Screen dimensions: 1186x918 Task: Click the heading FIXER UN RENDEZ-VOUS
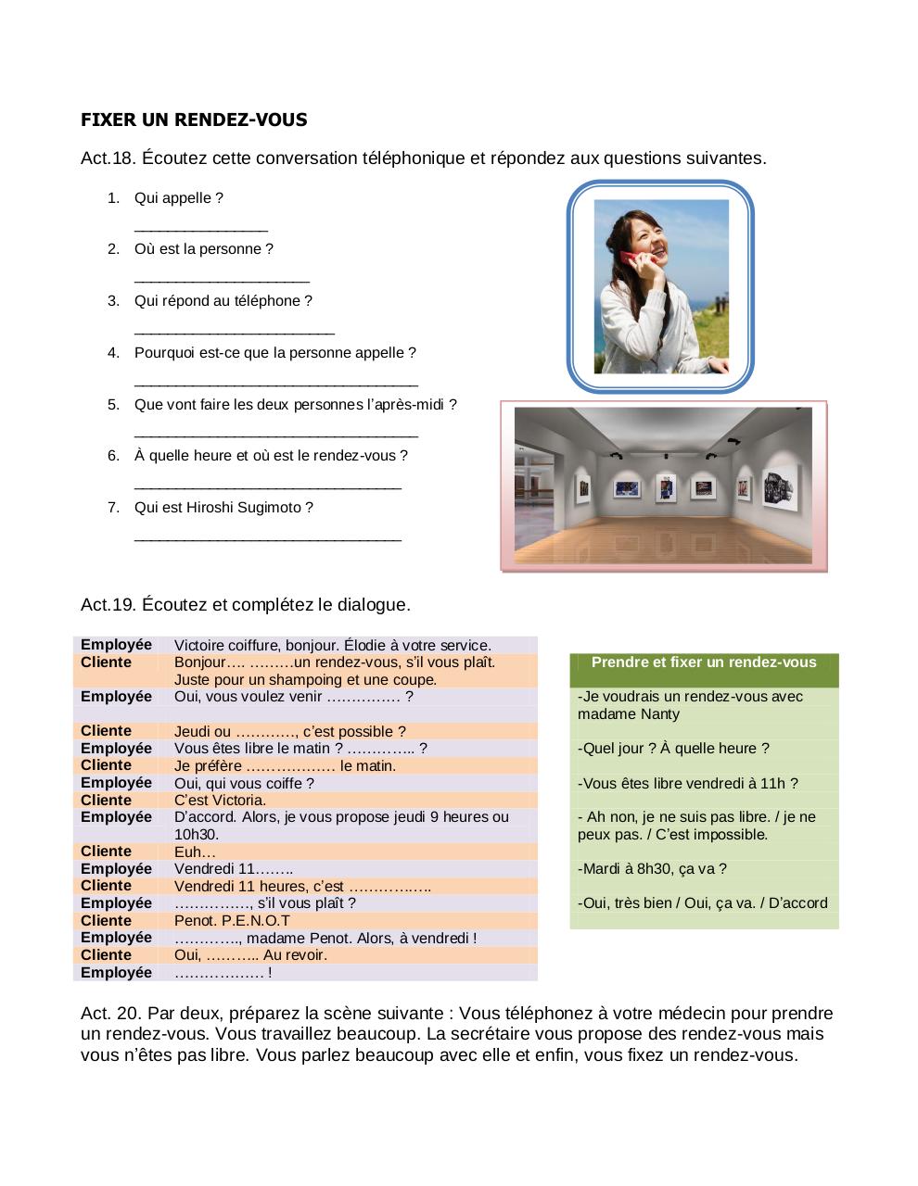point(194,120)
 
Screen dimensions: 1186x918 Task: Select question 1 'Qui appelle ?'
point(178,198)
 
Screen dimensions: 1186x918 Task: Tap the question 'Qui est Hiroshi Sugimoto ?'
point(223,508)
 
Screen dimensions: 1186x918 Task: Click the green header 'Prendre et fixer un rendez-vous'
point(704,662)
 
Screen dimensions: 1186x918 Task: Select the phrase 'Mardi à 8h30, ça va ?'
point(652,869)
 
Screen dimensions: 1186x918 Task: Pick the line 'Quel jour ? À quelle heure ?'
point(672,749)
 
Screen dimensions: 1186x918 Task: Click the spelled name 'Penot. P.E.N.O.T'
point(232,921)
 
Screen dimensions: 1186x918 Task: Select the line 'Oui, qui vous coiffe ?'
point(244,784)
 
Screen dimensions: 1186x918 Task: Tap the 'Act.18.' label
point(108,158)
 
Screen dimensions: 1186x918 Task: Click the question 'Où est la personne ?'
point(203,249)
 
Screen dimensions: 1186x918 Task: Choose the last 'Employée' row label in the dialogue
point(116,973)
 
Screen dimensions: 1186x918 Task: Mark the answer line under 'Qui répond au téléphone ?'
point(234,331)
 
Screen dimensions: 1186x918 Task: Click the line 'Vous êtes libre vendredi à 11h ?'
point(687,784)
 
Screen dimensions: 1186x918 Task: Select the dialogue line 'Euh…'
point(195,852)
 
